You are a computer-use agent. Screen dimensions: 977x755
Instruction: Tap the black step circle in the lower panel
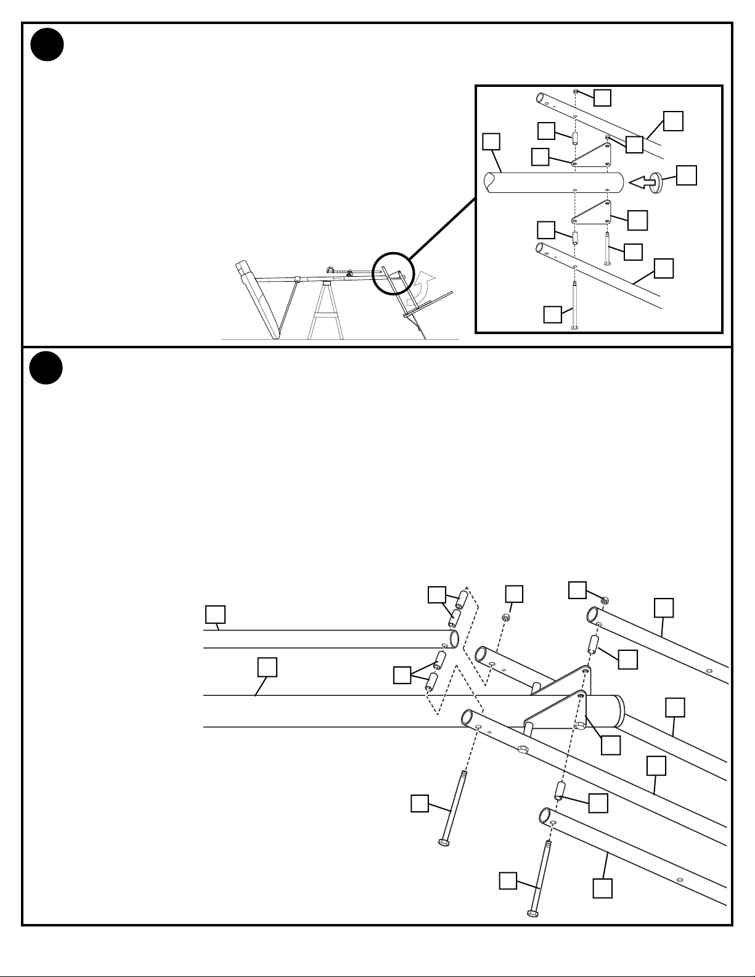tap(47, 368)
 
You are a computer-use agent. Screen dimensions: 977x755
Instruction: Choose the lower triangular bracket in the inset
tap(592, 213)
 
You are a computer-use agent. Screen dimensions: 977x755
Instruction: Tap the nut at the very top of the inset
tap(575, 91)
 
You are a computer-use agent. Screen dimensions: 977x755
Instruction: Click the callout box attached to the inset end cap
tap(687, 175)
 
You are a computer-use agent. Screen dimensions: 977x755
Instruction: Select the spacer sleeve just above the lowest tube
tap(560, 791)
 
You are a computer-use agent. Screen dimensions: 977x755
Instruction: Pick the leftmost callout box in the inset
tap(491, 142)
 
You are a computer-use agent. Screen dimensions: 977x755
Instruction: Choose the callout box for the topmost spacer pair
tap(437, 595)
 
